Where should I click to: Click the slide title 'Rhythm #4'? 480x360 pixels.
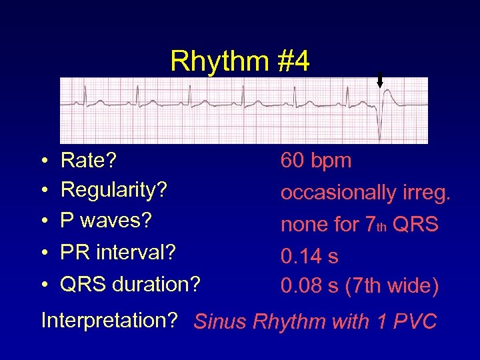point(239,61)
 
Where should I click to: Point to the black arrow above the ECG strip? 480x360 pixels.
point(380,81)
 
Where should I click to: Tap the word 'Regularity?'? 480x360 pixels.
point(113,189)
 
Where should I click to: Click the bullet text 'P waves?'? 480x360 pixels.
point(106,219)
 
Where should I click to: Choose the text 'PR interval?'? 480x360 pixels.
point(118,253)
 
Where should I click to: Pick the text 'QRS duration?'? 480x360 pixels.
point(130,284)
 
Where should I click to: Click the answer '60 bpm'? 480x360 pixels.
point(316,161)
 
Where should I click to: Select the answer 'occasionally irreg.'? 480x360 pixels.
point(366,193)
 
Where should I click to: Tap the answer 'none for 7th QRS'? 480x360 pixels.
point(359,225)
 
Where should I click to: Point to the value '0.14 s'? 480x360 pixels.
point(309,256)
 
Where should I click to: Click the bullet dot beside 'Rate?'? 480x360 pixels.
point(43,161)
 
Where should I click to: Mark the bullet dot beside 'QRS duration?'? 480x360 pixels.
point(43,285)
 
